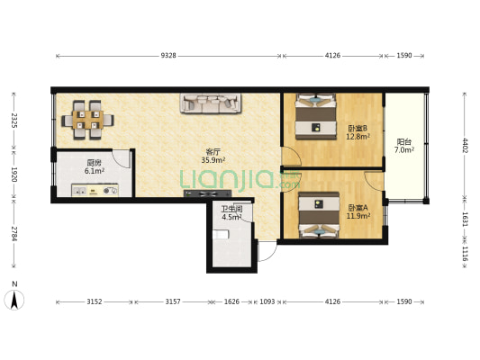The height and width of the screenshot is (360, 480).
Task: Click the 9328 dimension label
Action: [168, 56]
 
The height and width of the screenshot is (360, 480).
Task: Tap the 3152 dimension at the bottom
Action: [94, 301]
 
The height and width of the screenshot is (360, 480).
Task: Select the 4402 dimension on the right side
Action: [465, 146]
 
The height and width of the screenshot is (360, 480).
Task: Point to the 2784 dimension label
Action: [14, 233]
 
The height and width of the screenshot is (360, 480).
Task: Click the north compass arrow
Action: [14, 300]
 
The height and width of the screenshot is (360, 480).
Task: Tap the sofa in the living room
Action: [211, 103]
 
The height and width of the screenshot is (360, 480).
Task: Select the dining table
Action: [87, 120]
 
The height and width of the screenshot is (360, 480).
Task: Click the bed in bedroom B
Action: [315, 116]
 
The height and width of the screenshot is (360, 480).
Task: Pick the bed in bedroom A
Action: [319, 214]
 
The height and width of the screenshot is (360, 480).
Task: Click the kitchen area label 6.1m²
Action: [95, 171]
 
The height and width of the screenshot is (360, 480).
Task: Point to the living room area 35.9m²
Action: [213, 160]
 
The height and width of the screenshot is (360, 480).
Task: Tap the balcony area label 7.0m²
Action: [404, 150]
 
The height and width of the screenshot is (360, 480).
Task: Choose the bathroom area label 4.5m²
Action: [231, 217]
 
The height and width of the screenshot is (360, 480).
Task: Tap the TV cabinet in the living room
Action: [207, 193]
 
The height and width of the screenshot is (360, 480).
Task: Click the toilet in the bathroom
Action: [221, 235]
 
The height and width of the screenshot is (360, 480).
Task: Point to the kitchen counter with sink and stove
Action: [95, 190]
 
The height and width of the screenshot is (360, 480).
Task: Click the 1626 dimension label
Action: [231, 301]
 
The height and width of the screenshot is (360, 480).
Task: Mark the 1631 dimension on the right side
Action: [465, 220]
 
